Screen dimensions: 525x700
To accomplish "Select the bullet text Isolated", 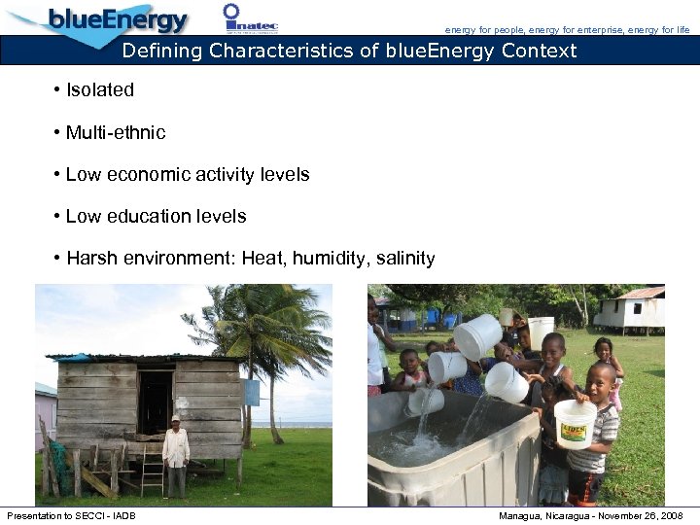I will tap(99, 90).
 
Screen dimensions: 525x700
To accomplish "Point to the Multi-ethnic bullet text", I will tap(116, 132).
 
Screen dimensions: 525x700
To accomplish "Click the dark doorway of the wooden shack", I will tap(155, 401).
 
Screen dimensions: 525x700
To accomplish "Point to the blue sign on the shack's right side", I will tap(252, 393).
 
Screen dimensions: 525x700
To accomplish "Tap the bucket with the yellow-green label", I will tap(575, 423).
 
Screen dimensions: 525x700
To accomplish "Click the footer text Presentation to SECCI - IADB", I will tap(71, 515).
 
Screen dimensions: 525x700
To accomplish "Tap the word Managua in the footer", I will tap(523, 515).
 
